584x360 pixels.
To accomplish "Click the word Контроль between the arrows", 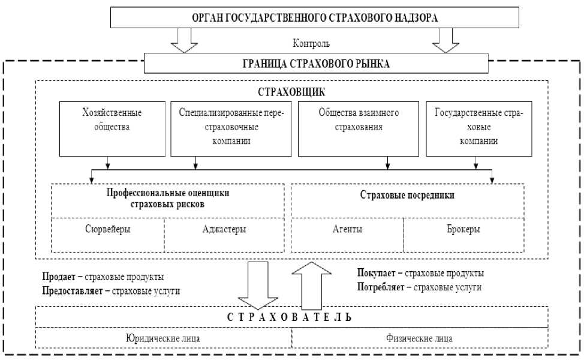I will click(x=311, y=44).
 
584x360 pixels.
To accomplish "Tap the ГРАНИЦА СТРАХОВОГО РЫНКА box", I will click(x=317, y=63).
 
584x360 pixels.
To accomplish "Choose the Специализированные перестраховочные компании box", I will click(x=231, y=127).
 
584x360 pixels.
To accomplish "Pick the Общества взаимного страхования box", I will click(x=359, y=127).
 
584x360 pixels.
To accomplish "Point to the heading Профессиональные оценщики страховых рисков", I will click(x=168, y=198).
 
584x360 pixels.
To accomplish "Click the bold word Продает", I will click(x=58, y=277).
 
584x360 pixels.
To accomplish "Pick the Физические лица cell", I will click(x=420, y=338).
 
